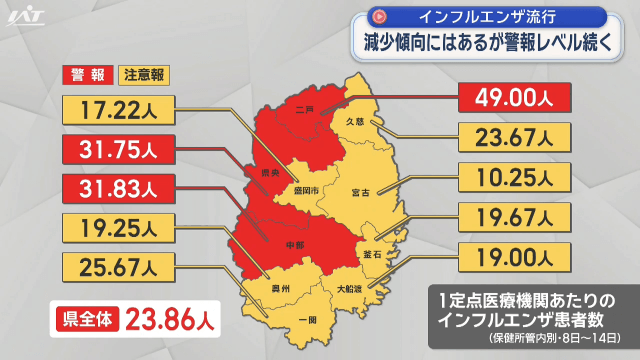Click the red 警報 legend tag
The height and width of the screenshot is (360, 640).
tap(88, 75)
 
